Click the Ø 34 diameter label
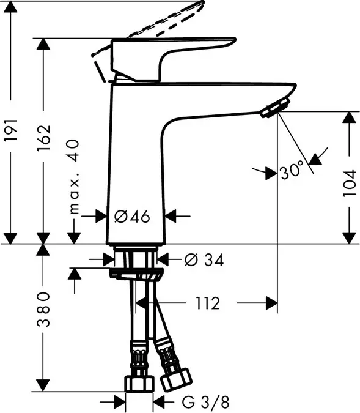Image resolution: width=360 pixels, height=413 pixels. (x=204, y=260)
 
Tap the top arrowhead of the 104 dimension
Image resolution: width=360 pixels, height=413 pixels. (x=348, y=118)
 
